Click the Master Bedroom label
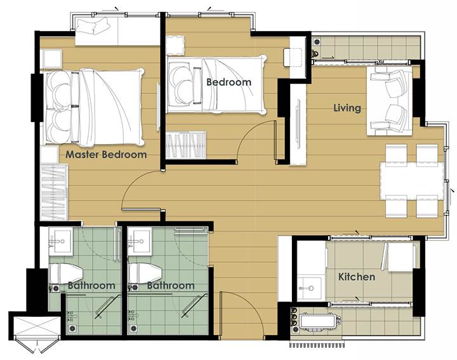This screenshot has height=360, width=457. [106, 154]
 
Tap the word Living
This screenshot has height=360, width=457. [347, 108]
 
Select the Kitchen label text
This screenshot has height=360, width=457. [357, 277]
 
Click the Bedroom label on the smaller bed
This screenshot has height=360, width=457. [228, 82]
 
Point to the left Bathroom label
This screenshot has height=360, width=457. [91, 285]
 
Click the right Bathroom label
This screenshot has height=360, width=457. [171, 285]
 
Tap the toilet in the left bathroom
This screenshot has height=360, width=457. [66, 274]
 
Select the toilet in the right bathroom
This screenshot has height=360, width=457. [145, 274]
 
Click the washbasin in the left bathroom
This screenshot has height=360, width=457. [60, 241]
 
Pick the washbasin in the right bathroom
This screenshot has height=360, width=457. [140, 241]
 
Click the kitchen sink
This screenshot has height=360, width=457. [310, 288]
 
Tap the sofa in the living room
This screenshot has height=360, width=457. [389, 100]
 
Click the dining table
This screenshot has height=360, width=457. [412, 181]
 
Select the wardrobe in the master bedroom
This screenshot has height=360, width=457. [54, 192]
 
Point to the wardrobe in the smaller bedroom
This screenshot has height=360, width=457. [186, 145]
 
